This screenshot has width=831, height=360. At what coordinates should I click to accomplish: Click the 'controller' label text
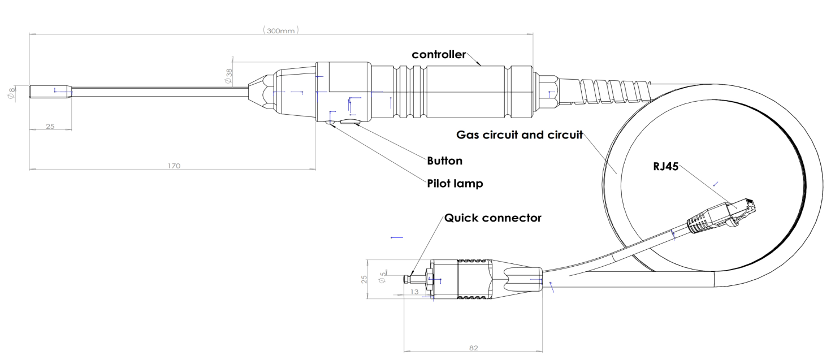[438, 55]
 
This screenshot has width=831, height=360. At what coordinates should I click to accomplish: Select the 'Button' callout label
[444, 161]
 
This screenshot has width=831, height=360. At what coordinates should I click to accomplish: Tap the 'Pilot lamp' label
[455, 184]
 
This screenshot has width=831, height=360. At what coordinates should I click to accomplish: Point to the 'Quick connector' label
[493, 218]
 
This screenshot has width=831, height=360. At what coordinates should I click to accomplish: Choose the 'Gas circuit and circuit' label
[520, 136]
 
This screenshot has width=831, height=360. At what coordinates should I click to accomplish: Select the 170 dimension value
[173, 166]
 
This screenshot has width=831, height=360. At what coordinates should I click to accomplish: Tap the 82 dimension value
[473, 348]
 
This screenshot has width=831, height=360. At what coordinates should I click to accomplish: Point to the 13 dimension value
[414, 292]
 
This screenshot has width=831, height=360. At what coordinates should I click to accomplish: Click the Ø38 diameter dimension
[228, 76]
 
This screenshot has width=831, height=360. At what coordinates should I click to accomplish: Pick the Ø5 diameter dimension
[383, 275]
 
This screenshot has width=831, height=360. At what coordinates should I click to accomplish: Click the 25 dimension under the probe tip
[50, 126]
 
